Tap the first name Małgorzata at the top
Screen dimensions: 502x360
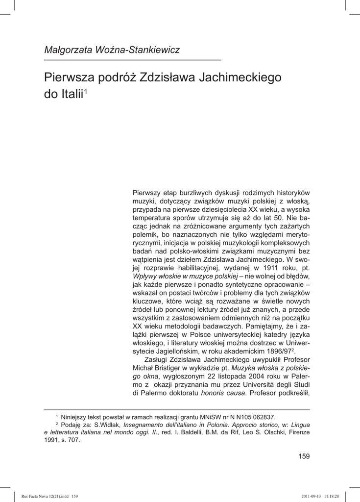(x=72, y=50)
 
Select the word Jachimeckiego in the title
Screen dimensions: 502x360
(x=240, y=77)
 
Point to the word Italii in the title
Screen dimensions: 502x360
(x=70, y=94)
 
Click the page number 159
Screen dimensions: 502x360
(x=304, y=456)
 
